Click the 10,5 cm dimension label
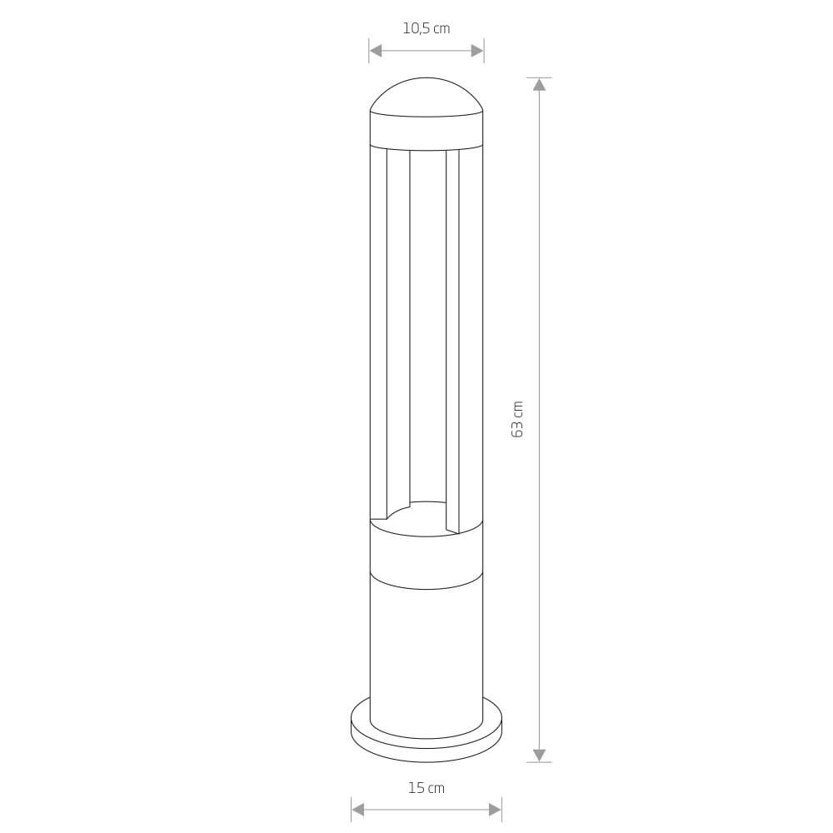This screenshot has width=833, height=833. pyautogui.click(x=426, y=28)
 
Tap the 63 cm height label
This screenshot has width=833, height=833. pyautogui.click(x=517, y=419)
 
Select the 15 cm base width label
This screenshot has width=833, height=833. pyautogui.click(x=426, y=788)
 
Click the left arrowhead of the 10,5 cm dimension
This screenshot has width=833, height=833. pyautogui.click(x=376, y=51)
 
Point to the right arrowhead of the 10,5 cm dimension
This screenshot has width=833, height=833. pyautogui.click(x=477, y=51)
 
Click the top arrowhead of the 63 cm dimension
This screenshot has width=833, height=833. pyautogui.click(x=539, y=84)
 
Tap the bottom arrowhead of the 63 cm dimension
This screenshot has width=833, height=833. pyautogui.click(x=539, y=756)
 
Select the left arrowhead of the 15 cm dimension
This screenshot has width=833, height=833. pyautogui.click(x=358, y=810)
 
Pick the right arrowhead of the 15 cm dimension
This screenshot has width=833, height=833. pyautogui.click(x=495, y=810)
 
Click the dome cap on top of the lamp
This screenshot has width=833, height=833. pyautogui.click(x=426, y=97)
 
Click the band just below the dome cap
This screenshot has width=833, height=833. pyautogui.click(x=426, y=132)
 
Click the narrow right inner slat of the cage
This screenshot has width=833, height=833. pyautogui.click(x=452, y=333)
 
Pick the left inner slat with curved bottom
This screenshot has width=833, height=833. pyautogui.click(x=398, y=333)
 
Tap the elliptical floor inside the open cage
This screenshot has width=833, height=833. pyautogui.click(x=426, y=521)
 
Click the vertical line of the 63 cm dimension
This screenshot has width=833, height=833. pyautogui.click(x=539, y=250)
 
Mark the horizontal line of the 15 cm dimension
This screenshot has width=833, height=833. pyautogui.click(x=426, y=810)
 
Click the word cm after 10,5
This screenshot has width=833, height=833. pyautogui.click(x=441, y=29)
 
